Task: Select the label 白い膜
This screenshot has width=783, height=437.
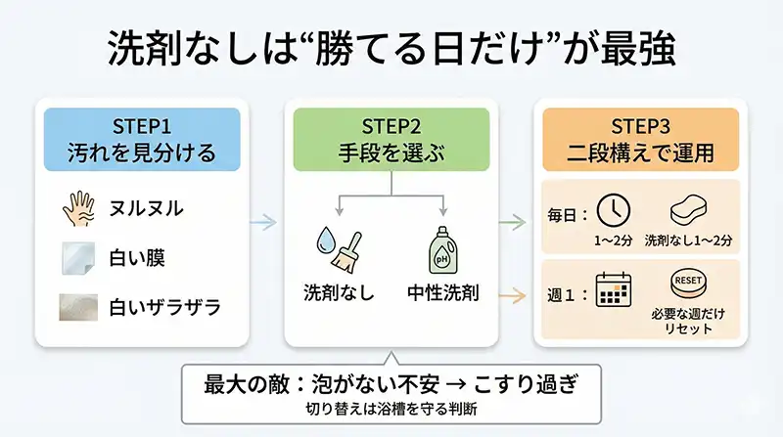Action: click(x=137, y=258)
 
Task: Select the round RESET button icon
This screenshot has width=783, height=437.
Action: click(x=688, y=284)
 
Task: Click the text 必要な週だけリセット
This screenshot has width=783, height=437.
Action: click(x=688, y=322)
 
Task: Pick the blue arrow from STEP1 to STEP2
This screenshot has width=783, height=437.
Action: click(x=262, y=223)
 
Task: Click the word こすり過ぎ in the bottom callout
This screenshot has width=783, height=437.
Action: click(x=528, y=383)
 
